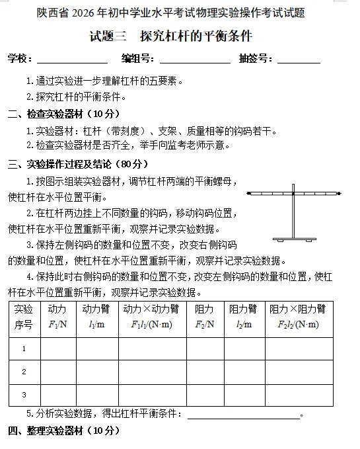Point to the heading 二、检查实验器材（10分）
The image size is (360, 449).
(x=63, y=113)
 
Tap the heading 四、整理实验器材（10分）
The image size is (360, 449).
(x=63, y=431)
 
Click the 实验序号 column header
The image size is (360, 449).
(x=24, y=317)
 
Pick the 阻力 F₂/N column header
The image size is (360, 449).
(x=204, y=317)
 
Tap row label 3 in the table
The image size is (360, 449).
(x=24, y=395)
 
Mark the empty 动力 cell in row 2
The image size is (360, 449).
(x=58, y=372)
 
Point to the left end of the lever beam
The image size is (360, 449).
(x=249, y=194)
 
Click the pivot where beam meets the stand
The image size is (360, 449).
(x=293, y=194)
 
